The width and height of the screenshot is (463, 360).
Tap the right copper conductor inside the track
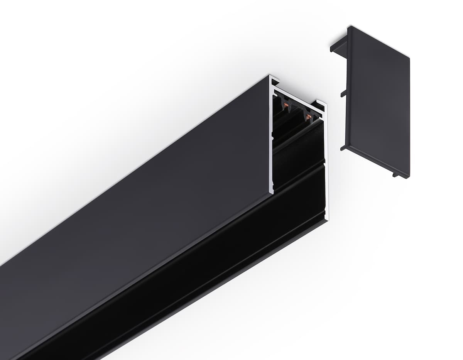(x=308, y=115)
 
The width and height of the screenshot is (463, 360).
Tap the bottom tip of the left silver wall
(x=272, y=192)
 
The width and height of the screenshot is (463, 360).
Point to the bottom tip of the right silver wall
(x=326, y=218)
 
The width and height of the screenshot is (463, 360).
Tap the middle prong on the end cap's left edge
(x=343, y=93)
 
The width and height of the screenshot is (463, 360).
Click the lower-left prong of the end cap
(x=343, y=147)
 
